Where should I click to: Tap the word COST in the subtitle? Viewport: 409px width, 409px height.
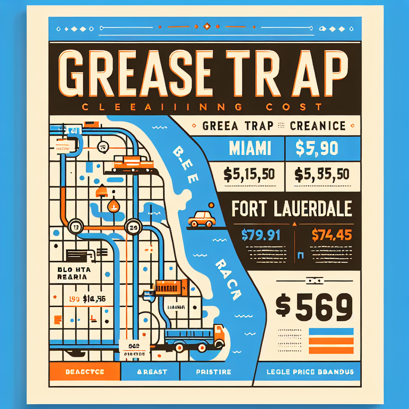coord(300,107)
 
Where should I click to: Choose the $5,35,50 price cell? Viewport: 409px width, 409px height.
coord(322,174)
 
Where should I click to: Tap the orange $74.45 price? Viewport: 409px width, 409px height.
coord(331,234)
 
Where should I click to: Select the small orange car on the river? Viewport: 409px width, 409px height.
coord(202,218)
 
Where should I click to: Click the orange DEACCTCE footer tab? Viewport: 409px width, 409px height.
coord(84,372)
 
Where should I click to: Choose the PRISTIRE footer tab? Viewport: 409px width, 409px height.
coord(213,372)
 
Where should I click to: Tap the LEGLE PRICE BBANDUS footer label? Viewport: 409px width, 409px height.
coord(310,372)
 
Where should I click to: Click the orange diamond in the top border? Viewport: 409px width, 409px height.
coord(206,27)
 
